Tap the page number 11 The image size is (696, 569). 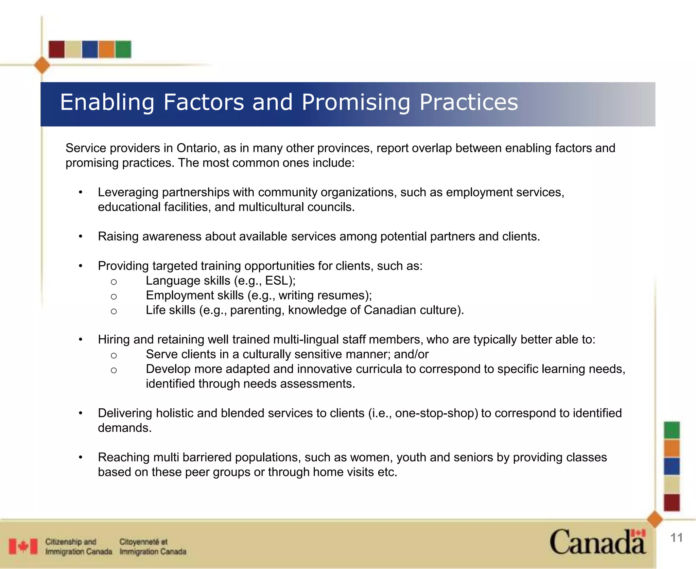676,538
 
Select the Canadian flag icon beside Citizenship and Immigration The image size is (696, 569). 23,547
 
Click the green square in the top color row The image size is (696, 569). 123,49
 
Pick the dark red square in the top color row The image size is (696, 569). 56,49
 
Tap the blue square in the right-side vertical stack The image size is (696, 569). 672,466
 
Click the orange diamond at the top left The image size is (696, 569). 42,65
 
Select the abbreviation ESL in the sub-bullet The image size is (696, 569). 276,281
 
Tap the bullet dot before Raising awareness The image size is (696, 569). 81,236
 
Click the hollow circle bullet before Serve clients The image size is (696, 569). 114,355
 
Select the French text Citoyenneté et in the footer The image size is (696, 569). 143,541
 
